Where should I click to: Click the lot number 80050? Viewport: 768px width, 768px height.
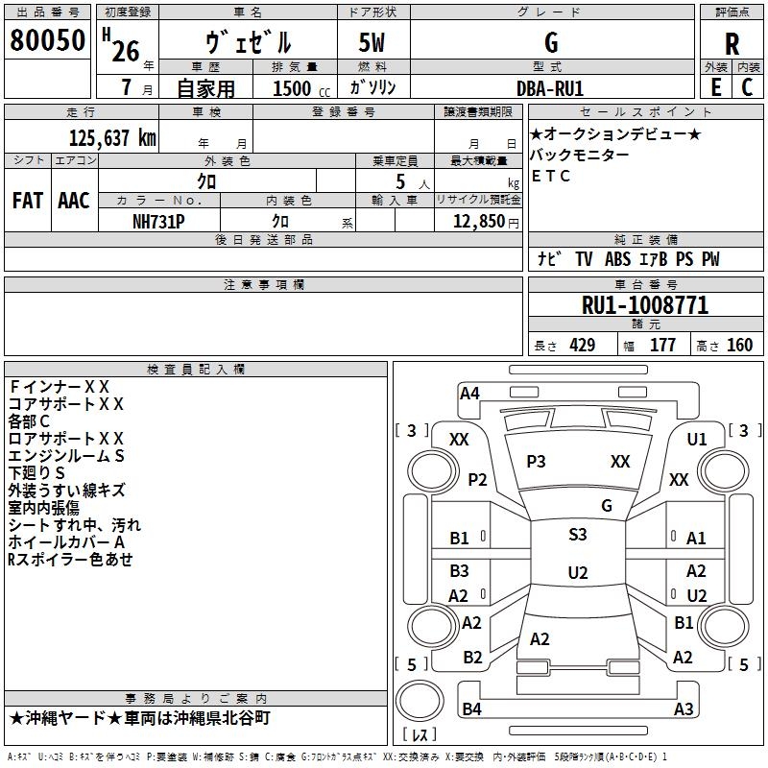[x=47, y=41]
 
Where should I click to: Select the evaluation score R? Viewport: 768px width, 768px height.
[x=732, y=44]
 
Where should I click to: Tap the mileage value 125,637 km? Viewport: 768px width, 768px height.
[x=112, y=137]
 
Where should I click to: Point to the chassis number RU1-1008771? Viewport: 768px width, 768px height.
[x=645, y=306]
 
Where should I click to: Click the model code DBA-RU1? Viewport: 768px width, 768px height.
[x=550, y=87]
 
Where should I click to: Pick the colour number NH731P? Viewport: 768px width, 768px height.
[x=158, y=220]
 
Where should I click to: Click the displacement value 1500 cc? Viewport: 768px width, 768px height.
[x=293, y=88]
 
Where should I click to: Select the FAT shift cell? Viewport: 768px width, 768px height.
[x=27, y=201]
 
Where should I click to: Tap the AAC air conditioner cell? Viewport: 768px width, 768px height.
[x=74, y=201]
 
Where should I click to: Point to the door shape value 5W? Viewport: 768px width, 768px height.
[x=372, y=43]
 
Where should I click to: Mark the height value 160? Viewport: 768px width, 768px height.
[x=739, y=346]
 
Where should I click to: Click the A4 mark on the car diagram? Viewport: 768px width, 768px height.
[x=469, y=392]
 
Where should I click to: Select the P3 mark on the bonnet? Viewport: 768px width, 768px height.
[x=536, y=462]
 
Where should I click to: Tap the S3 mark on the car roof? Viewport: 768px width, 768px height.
[x=578, y=535]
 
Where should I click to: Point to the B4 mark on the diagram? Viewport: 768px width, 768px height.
[x=471, y=709]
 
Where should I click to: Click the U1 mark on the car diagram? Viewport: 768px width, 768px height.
[x=697, y=439]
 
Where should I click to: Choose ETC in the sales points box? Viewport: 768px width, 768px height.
[x=551, y=176]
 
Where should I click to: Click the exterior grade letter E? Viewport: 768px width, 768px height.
[x=715, y=87]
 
